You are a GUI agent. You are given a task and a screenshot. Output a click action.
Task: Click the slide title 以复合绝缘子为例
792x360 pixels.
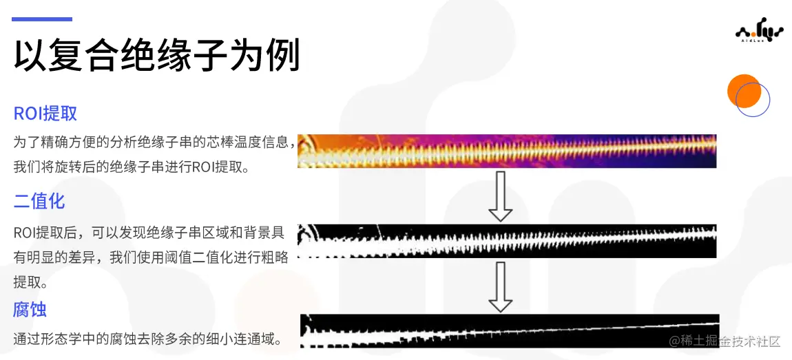tap(157, 56)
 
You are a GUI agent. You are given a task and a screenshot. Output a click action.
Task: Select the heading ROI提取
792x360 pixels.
tap(45, 114)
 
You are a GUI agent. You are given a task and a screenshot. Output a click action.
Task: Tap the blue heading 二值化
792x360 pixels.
tap(39, 201)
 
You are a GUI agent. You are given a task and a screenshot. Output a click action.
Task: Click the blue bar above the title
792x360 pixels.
tap(42, 19)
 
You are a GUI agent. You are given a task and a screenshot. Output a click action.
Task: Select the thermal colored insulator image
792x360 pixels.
tap(507, 151)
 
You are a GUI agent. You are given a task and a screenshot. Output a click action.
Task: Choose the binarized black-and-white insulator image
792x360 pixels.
tap(507, 240)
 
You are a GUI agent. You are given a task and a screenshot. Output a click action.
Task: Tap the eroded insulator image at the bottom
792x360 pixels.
tap(510, 330)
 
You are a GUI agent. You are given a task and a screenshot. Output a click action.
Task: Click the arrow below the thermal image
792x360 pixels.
tap(501, 195)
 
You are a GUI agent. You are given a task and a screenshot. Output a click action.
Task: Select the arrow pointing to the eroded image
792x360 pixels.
tap(501, 286)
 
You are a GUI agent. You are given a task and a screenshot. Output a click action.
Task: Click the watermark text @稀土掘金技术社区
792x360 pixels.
tap(725, 341)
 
